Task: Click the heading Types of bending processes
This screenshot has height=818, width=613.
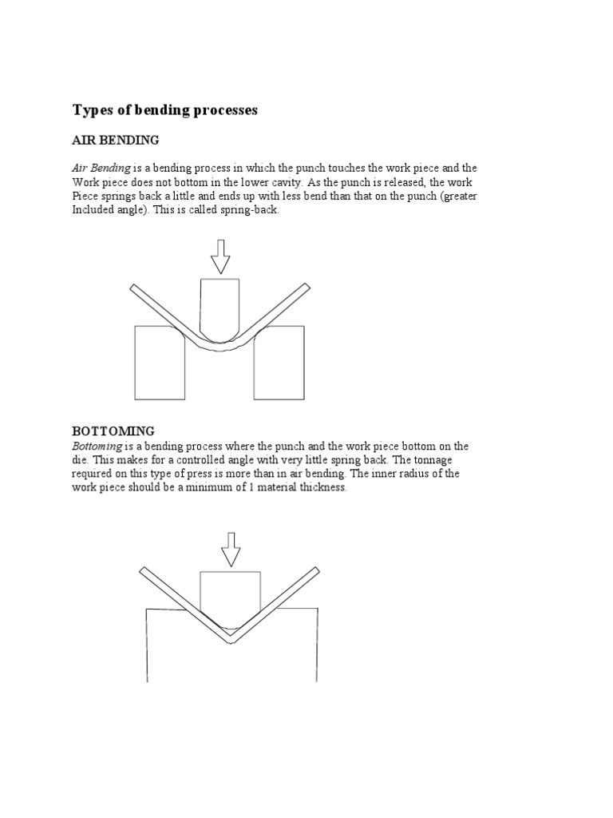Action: point(165,110)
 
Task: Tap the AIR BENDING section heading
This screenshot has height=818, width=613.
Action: point(116,140)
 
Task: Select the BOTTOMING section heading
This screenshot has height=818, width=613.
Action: point(113,431)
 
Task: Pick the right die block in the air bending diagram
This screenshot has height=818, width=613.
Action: point(279,363)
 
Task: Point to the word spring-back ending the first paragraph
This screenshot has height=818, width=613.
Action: point(253,209)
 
